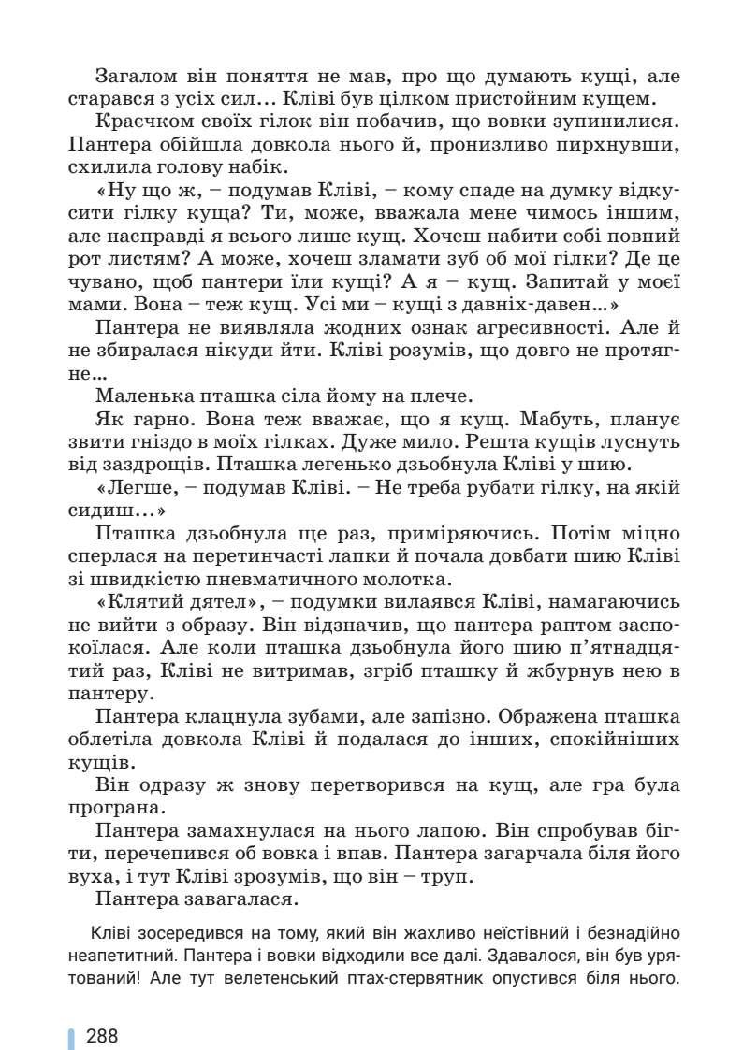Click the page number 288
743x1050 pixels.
pyautogui.click(x=102, y=1035)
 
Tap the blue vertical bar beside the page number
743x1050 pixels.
pyautogui.click(x=71, y=1036)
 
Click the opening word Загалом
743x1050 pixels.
pyautogui.click(x=133, y=74)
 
